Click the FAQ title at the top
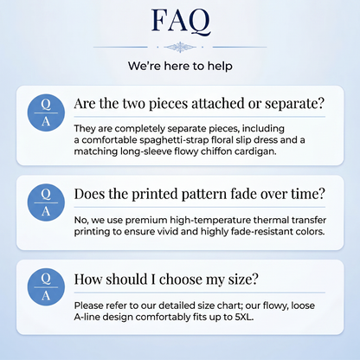pyautogui.click(x=181, y=22)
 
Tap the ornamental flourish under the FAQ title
pyautogui.click(x=180, y=47)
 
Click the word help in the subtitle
pyautogui.click(x=220, y=66)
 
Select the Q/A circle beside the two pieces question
pyautogui.click(x=46, y=112)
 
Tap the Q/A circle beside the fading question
pyautogui.click(x=46, y=202)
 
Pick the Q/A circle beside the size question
pyautogui.click(x=46, y=287)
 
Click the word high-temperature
pyautogui.click(x=210, y=221)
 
